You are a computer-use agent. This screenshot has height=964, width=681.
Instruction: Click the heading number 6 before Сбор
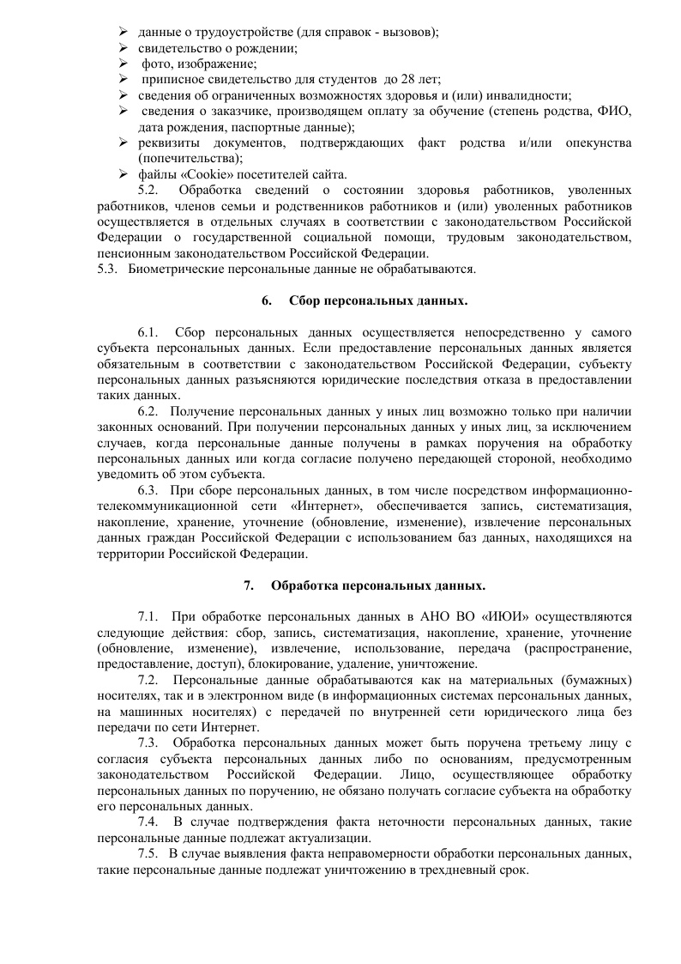(x=266, y=302)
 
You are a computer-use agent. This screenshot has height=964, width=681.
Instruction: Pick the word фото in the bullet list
(x=157, y=64)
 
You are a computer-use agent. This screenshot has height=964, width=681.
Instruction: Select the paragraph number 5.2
(x=148, y=190)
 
